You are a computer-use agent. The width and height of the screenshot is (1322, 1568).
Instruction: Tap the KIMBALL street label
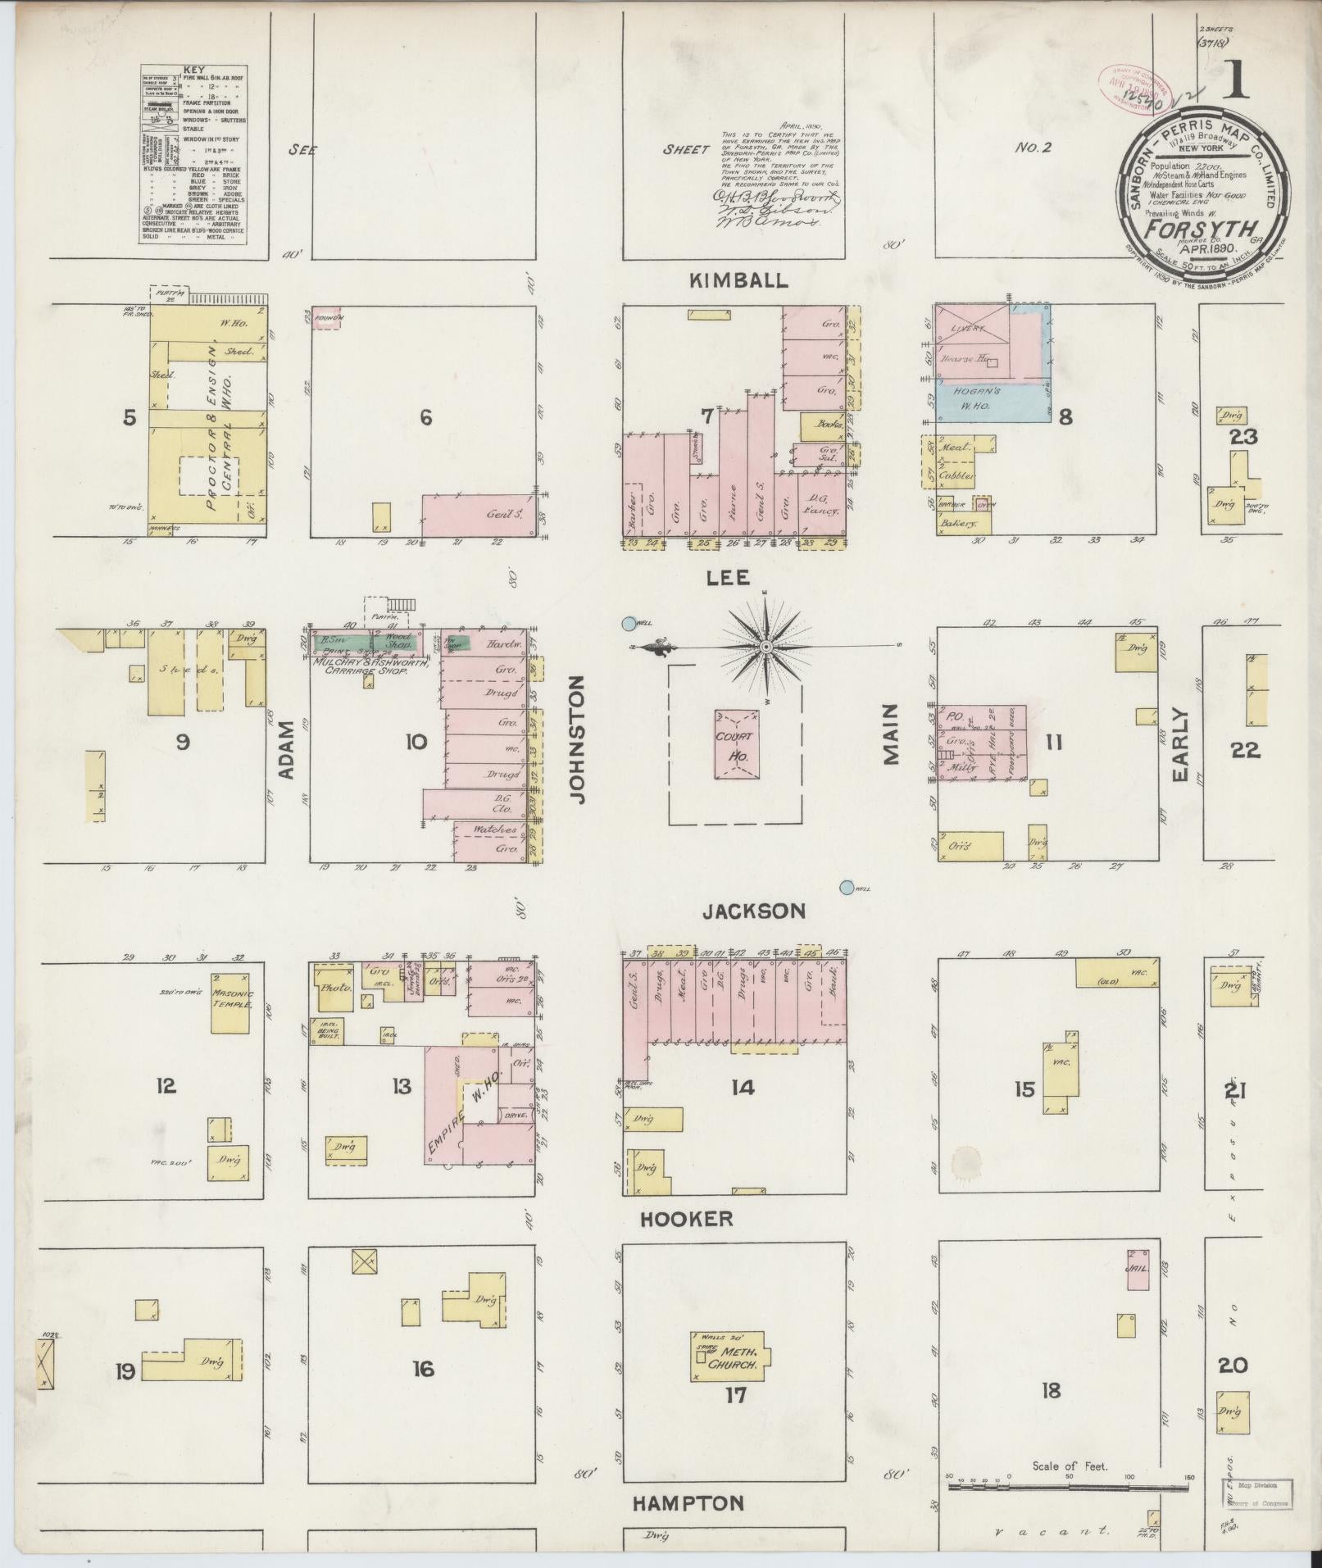point(738,280)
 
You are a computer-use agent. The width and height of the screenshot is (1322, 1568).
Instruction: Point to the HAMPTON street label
point(688,1502)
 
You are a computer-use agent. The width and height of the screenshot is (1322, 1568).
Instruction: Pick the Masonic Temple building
point(229,1002)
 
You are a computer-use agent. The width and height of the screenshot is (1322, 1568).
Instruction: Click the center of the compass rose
point(765,648)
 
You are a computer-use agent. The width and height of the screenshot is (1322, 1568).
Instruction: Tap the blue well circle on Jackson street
point(847,887)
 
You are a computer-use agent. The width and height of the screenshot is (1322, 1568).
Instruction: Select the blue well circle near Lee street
point(629,624)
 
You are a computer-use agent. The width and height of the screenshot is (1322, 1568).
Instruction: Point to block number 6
point(425,418)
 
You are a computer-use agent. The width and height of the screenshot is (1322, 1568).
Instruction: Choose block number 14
point(743,1088)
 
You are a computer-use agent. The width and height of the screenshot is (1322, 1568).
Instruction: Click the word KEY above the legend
point(194,70)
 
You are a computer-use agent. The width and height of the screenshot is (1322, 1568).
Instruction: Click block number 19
point(125,1370)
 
